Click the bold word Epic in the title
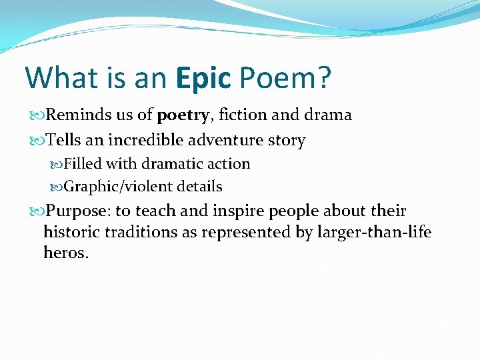tap(204, 77)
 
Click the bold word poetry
tap(183, 115)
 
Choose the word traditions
tap(140, 233)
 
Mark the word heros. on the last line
tap(66, 253)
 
